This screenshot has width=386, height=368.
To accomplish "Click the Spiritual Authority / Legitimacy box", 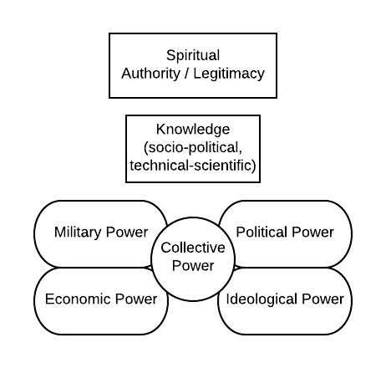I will (193, 64).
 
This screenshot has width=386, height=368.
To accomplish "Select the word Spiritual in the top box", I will (193, 55).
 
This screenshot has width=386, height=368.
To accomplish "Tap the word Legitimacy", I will (229, 74).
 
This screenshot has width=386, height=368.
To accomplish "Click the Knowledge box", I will (193, 148).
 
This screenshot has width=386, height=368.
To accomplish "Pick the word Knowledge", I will (193, 130).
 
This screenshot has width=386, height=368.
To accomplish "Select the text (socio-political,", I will (193, 148).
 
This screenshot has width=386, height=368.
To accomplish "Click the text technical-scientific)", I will (193, 166).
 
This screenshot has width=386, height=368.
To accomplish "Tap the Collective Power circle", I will (193, 257).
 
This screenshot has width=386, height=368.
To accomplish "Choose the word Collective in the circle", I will (193, 248).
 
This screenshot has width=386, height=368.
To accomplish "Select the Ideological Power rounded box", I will (284, 299).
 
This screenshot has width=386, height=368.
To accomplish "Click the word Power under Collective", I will (193, 266).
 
